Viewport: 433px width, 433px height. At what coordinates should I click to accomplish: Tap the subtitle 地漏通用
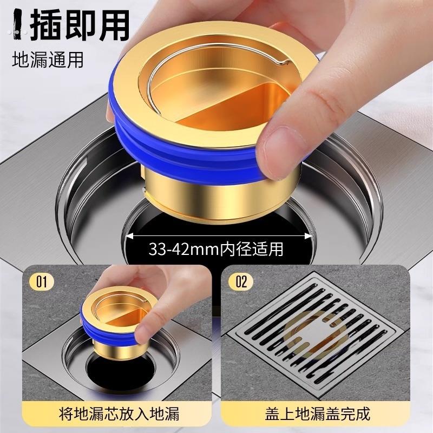48,59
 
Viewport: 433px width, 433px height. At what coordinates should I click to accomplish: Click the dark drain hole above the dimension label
216,219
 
